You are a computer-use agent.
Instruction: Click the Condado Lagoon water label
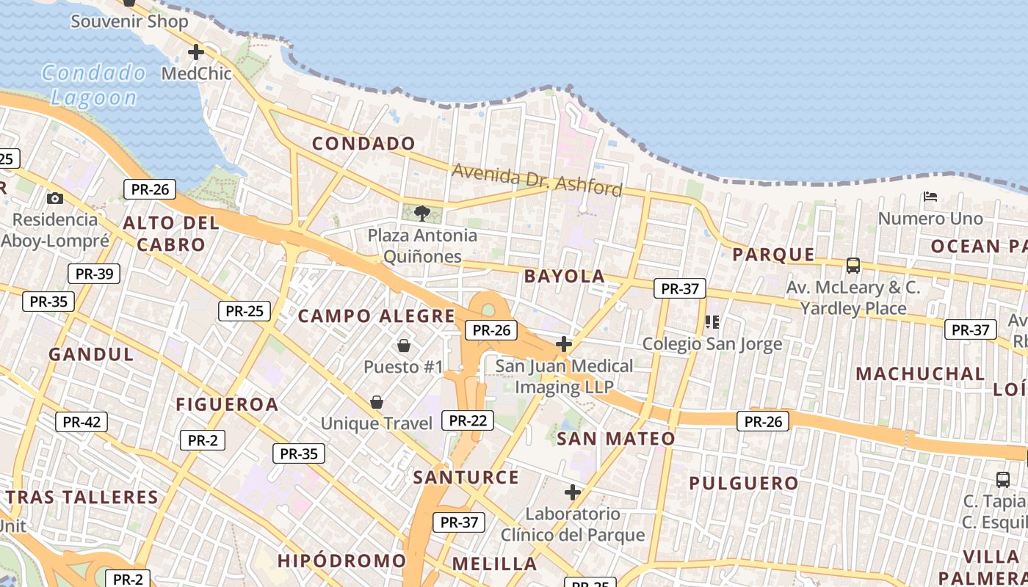(94, 84)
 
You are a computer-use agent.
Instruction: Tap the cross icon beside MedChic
(196, 52)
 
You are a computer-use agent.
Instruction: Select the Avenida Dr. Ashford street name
(537, 180)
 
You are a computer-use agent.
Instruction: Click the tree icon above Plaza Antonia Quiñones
(421, 214)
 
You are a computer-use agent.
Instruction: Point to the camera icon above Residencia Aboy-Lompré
(54, 198)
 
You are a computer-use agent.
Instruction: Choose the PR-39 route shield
(94, 274)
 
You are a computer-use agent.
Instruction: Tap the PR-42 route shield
(82, 422)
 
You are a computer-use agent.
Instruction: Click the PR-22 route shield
(468, 420)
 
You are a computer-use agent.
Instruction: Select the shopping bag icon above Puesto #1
(403, 345)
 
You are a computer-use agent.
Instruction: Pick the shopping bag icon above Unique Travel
(377, 402)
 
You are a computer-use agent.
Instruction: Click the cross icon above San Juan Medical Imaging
(564, 343)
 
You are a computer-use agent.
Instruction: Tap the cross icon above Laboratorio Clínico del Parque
(573, 492)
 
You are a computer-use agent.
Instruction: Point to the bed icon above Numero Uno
(930, 197)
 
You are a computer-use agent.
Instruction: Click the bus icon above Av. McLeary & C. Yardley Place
(853, 265)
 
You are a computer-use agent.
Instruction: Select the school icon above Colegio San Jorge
(712, 321)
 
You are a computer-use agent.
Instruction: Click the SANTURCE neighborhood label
(466, 478)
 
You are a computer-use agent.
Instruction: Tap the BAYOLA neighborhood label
(565, 277)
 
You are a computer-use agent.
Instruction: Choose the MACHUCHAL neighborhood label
(920, 373)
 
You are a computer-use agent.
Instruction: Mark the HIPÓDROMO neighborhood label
(341, 561)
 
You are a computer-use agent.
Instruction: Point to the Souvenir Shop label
(129, 21)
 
